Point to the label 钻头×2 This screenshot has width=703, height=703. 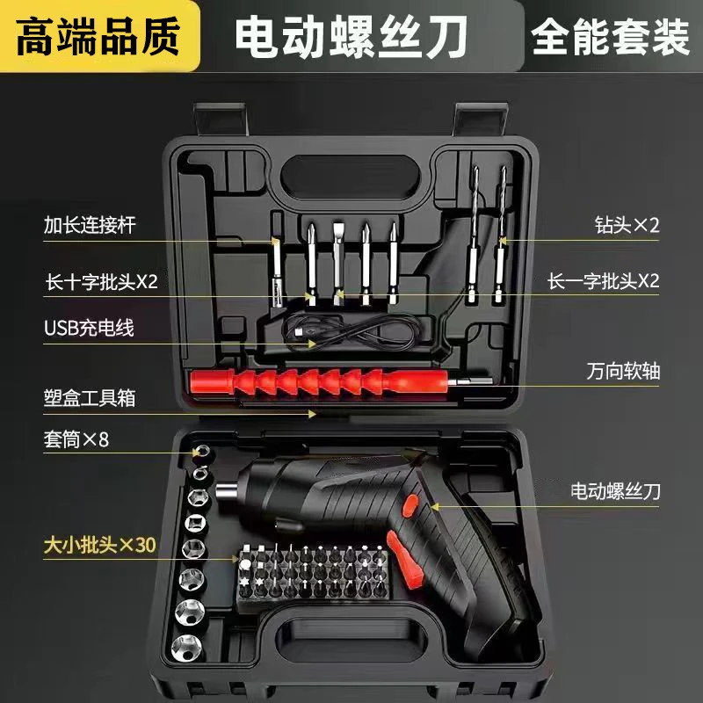point(627,224)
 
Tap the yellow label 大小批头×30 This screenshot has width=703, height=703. point(99,545)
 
